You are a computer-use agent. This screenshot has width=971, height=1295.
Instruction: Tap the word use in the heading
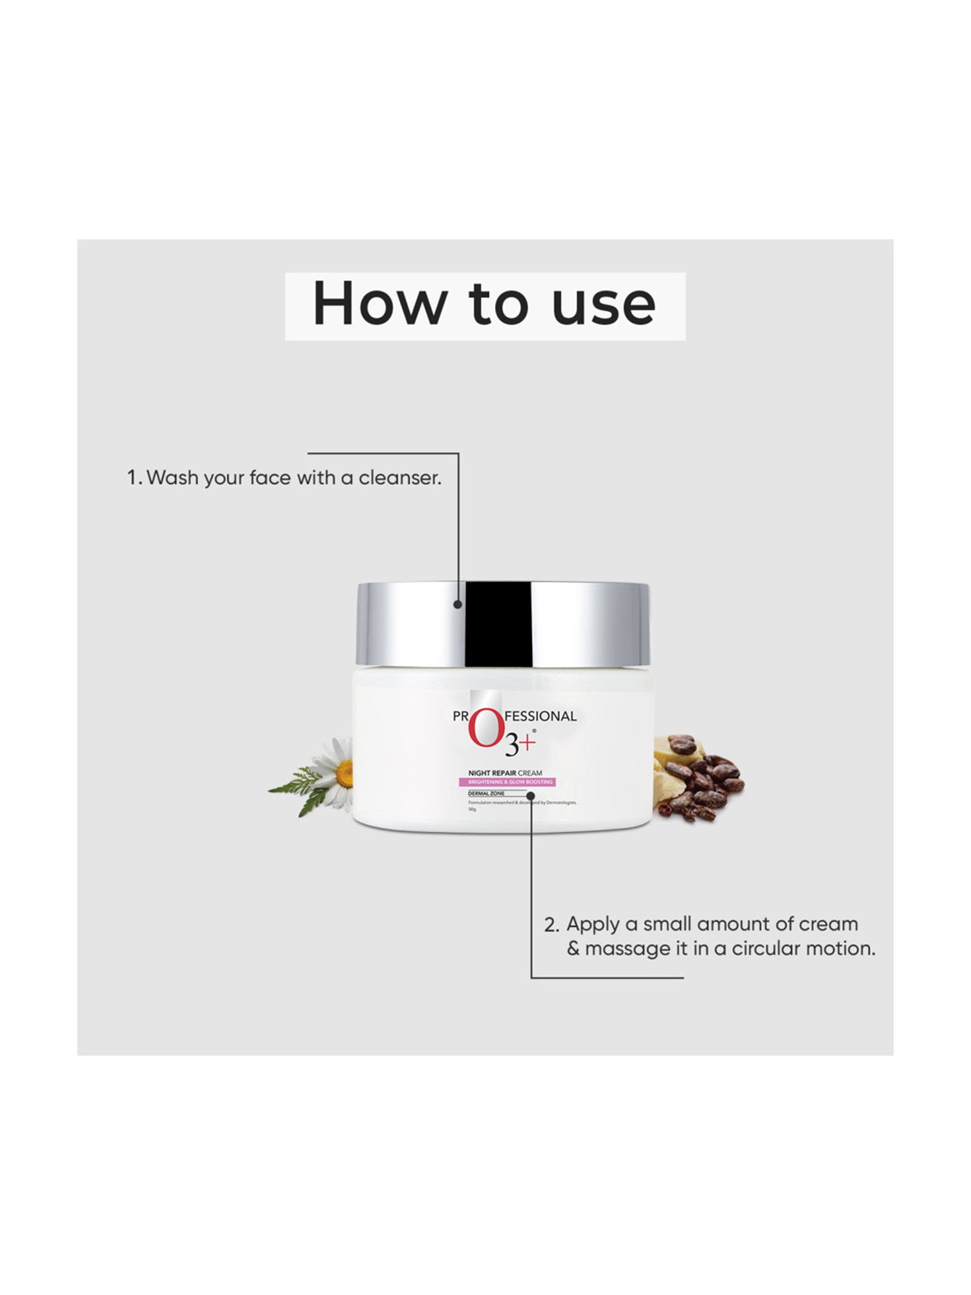604,304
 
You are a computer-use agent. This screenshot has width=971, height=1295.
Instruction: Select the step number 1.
133,478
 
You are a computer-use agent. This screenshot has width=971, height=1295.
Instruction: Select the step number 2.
550,925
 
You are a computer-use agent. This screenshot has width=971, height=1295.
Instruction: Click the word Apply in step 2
592,925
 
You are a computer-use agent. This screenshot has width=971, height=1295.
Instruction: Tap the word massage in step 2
626,949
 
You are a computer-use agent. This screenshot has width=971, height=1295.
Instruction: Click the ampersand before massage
573,949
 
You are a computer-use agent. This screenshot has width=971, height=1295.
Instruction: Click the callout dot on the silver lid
458,605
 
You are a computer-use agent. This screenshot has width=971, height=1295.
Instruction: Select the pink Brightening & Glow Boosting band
511,782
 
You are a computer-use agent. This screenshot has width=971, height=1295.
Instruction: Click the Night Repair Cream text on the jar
505,773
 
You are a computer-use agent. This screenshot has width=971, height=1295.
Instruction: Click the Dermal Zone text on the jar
486,793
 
